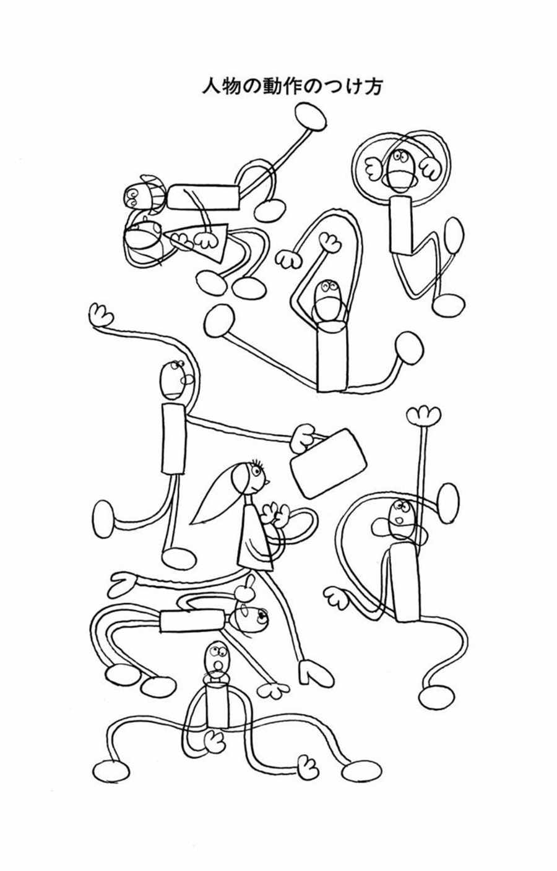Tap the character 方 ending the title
click(373, 87)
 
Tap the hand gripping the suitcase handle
click(303, 439)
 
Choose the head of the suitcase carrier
click(172, 380)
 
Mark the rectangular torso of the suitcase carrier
click(173, 438)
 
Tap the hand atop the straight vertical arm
click(423, 415)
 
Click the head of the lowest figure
click(216, 658)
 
